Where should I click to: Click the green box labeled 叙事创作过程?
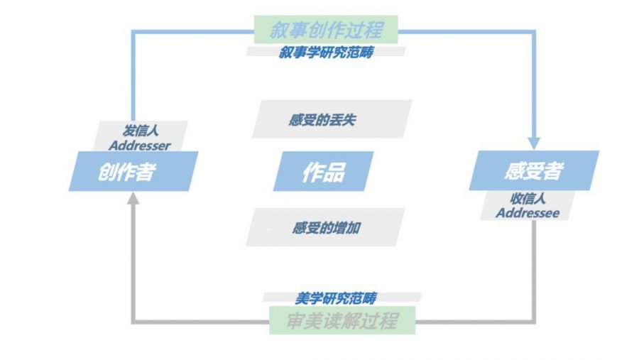[x=326, y=30]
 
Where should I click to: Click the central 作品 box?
[x=323, y=171]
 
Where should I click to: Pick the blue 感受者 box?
[x=533, y=170]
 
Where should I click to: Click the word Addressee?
[x=527, y=212]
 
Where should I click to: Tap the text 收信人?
[x=527, y=199]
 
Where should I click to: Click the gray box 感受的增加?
[x=326, y=228]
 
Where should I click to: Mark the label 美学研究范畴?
[x=336, y=298]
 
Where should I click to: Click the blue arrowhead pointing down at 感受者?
[x=534, y=142]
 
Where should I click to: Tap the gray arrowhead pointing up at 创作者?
[x=133, y=199]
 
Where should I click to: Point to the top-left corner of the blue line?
[x=133, y=31]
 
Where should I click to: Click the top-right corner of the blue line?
[x=534, y=31]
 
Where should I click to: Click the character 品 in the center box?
[x=334, y=172]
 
